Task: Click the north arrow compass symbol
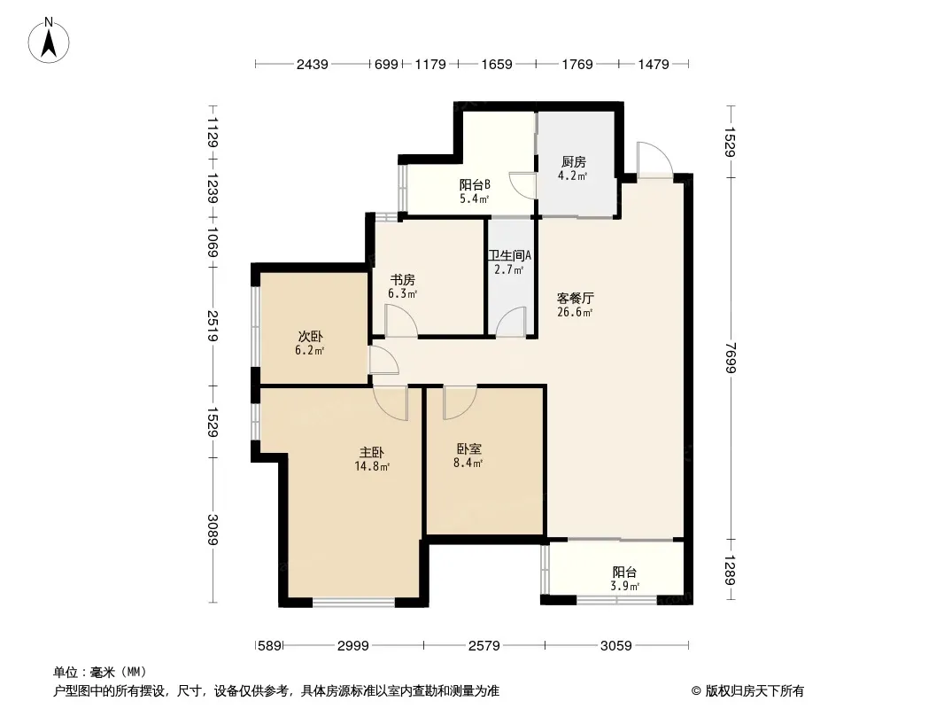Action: click(49, 41)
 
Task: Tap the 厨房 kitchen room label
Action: click(573, 161)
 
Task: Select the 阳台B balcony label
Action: click(475, 184)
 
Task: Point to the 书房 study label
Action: click(402, 279)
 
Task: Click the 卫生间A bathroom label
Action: click(509, 255)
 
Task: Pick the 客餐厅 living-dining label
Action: click(575, 298)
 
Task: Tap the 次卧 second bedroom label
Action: click(310, 336)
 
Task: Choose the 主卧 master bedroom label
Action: click(371, 452)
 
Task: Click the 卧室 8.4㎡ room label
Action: click(468, 448)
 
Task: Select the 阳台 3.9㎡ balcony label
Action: click(624, 572)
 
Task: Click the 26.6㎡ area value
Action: click(575, 312)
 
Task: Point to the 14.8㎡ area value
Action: click(371, 466)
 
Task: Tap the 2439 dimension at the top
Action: click(312, 64)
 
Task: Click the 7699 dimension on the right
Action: click(731, 358)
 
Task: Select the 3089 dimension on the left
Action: click(212, 529)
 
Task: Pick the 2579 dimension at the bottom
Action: click(484, 646)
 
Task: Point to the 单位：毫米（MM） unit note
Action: click(101, 673)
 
